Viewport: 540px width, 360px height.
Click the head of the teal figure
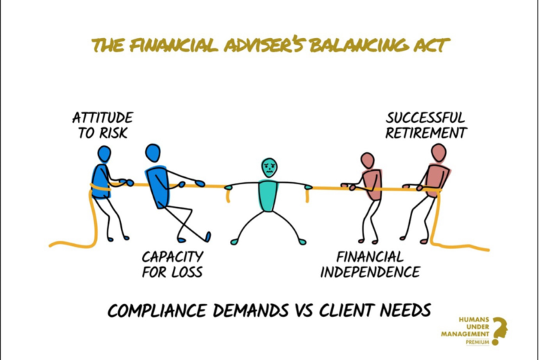coord(269,167)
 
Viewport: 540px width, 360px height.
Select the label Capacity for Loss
coord(172,264)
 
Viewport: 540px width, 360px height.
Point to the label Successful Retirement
coord(426,124)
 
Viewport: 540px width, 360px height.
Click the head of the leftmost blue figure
coord(104,153)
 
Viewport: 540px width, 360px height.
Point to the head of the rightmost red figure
coord(439,153)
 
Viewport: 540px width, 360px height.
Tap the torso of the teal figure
coord(268,195)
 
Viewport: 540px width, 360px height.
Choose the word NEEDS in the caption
coord(400,310)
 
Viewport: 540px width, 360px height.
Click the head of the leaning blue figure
coord(153,153)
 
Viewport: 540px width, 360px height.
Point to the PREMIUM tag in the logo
coord(477,342)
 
